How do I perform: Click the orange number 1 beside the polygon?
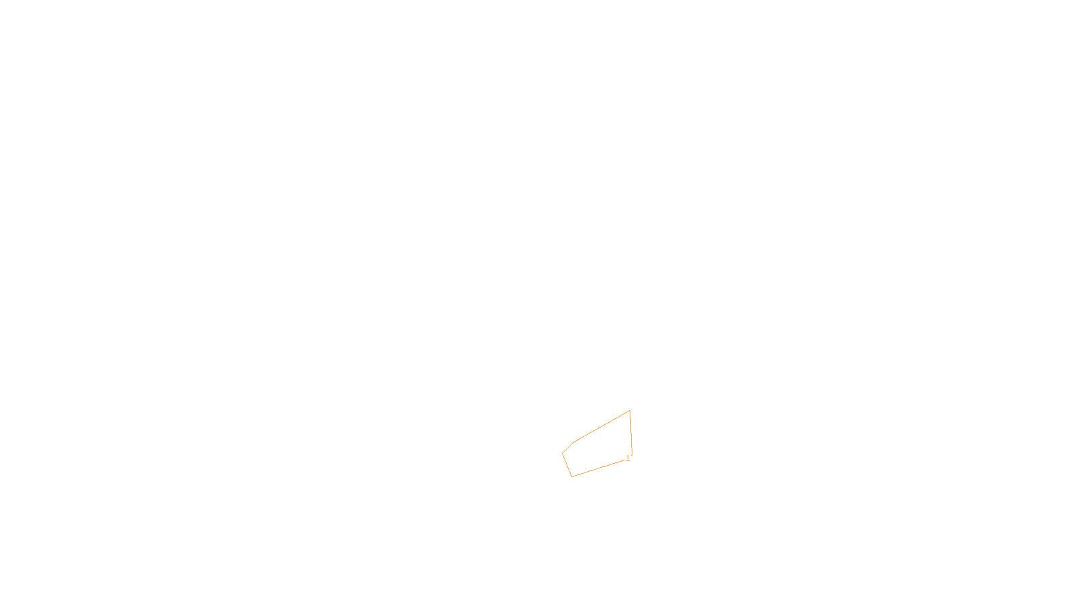pos(628,458)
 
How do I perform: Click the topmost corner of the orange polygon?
pos(630,411)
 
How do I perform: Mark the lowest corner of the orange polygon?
pos(572,476)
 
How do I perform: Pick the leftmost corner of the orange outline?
pos(562,454)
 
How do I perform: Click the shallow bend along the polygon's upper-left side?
pos(573,443)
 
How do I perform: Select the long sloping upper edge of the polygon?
pos(602,427)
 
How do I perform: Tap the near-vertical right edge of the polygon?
pos(631,433)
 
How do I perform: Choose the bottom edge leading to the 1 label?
pos(598,468)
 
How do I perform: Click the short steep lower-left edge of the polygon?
pos(567,465)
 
